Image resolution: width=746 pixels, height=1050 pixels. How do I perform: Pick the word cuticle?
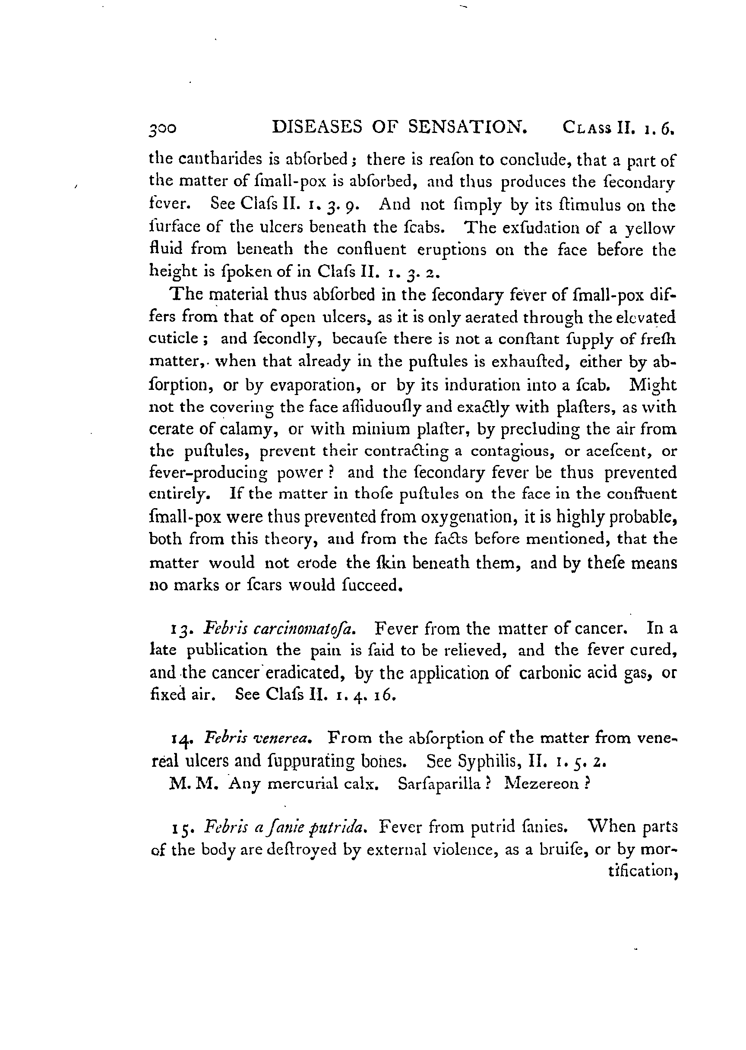click(174, 338)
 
